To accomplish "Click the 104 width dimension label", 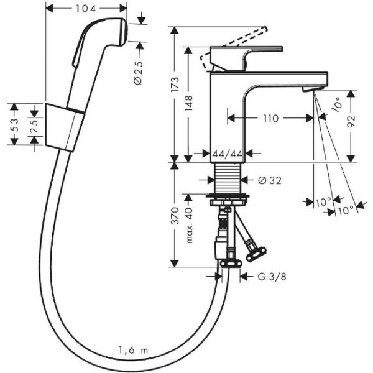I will pos(86,8).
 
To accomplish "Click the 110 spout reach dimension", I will pos(269,117).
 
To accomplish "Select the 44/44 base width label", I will pos(227,153).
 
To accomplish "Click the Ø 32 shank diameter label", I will pos(269,180).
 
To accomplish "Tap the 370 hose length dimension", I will pos(176,216).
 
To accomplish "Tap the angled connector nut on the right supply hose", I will pos(255,252).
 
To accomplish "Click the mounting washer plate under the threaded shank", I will pos(229,198).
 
